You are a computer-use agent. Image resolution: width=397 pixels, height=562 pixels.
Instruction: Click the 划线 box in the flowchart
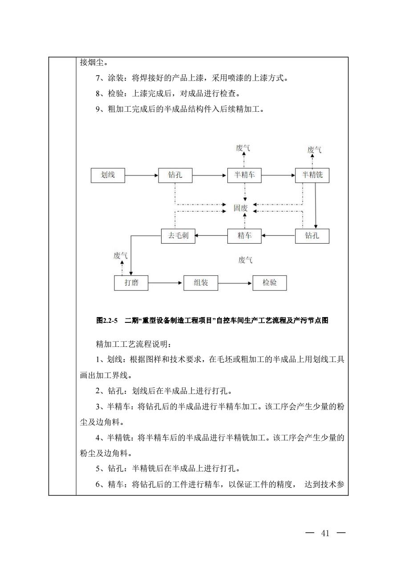tap(108, 175)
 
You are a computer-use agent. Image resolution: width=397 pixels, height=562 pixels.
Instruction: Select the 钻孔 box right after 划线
tap(175, 175)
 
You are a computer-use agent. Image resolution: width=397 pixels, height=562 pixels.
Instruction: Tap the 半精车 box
tap(244, 175)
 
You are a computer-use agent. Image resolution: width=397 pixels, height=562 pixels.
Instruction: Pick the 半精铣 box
tap(312, 175)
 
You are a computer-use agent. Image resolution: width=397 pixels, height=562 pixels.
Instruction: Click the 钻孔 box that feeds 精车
tap(312, 236)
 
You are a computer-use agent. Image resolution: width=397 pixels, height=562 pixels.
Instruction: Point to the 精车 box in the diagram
tap(244, 236)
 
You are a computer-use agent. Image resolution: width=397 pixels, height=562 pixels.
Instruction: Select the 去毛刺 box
tap(178, 236)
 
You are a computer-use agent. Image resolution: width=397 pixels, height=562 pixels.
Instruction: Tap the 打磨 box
tap(131, 283)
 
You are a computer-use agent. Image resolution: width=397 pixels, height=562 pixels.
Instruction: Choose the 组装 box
tap(201, 283)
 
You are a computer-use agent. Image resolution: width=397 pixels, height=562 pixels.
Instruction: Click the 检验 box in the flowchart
tap(270, 283)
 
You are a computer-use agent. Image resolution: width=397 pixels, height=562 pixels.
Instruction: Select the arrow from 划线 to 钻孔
tap(142, 175)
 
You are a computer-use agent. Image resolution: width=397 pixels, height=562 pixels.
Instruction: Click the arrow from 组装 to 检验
tap(235, 283)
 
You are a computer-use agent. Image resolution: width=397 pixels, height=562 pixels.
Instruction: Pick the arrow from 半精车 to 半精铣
tap(278, 175)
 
